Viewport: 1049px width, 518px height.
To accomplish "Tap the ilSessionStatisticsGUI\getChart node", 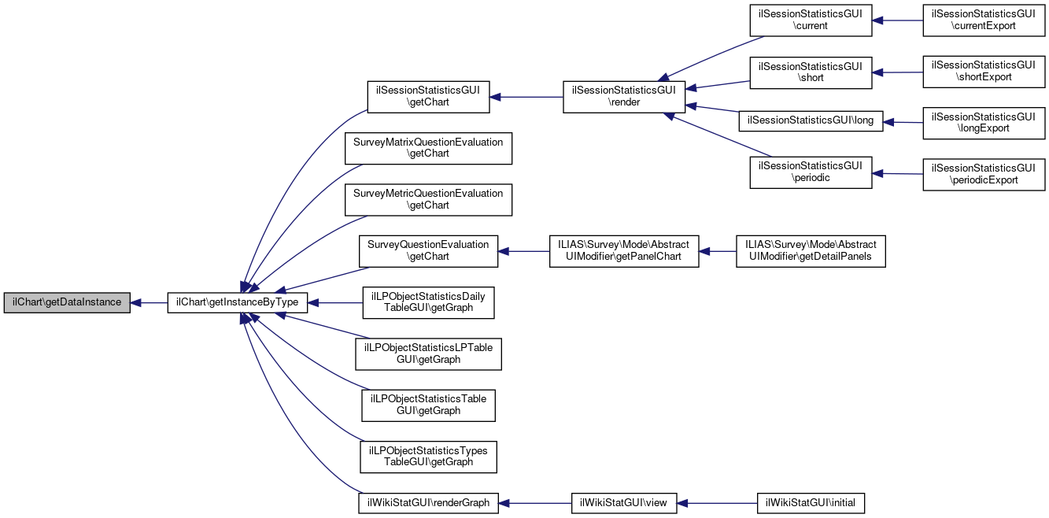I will [x=429, y=97].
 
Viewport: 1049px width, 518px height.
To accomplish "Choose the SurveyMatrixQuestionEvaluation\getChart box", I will [x=428, y=148].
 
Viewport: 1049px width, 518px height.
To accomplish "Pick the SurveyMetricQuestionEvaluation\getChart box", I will [x=428, y=199].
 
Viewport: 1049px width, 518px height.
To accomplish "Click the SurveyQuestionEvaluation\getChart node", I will [x=428, y=251].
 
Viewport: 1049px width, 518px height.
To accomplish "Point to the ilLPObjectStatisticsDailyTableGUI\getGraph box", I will [x=428, y=302].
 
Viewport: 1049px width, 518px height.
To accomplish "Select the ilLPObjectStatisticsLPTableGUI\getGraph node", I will [x=428, y=353].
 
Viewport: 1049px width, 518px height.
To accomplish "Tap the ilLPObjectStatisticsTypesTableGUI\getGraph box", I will [x=428, y=457].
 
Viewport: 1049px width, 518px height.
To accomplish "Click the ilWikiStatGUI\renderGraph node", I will [x=428, y=502].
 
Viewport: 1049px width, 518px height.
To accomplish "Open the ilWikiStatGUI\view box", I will [x=624, y=502].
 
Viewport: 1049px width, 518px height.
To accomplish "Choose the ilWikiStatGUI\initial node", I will [x=811, y=502].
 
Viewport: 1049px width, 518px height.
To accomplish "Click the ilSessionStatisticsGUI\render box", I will [x=623, y=97].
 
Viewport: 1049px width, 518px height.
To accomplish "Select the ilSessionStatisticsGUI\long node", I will [x=811, y=120].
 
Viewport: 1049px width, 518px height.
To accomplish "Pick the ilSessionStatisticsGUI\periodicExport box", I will [x=983, y=174].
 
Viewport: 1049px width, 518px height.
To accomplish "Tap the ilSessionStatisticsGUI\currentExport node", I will [x=983, y=20].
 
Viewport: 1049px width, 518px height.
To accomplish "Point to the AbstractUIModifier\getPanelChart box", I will [x=623, y=251].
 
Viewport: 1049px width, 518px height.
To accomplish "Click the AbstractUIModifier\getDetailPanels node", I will [x=811, y=251].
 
